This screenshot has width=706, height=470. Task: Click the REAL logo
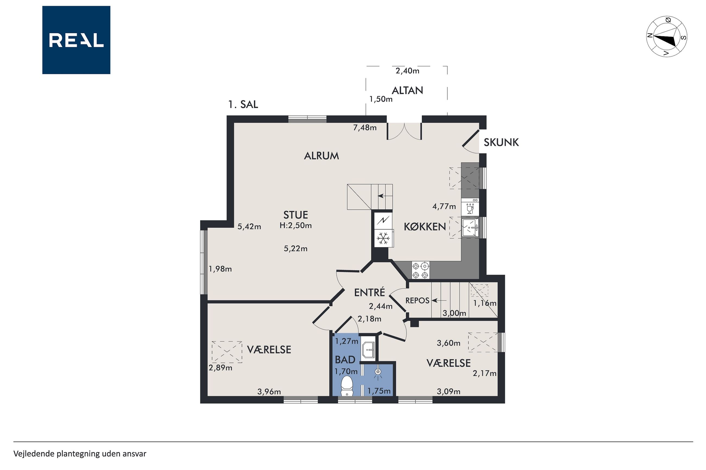click(76, 40)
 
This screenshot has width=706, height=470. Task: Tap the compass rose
click(666, 37)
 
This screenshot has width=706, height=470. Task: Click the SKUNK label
click(501, 142)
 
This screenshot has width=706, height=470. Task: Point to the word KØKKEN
click(425, 227)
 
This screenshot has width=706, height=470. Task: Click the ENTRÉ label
click(369, 292)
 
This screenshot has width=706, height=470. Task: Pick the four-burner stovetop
click(420, 270)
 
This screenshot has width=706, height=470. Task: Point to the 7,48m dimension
click(365, 128)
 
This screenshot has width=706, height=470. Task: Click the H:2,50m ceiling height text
click(295, 225)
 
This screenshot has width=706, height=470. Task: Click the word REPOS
click(417, 300)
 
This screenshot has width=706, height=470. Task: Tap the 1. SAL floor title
click(243, 104)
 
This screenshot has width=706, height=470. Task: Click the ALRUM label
click(321, 156)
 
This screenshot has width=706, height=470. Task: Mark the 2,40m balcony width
click(408, 71)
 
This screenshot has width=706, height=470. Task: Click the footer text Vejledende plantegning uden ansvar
click(80, 453)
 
